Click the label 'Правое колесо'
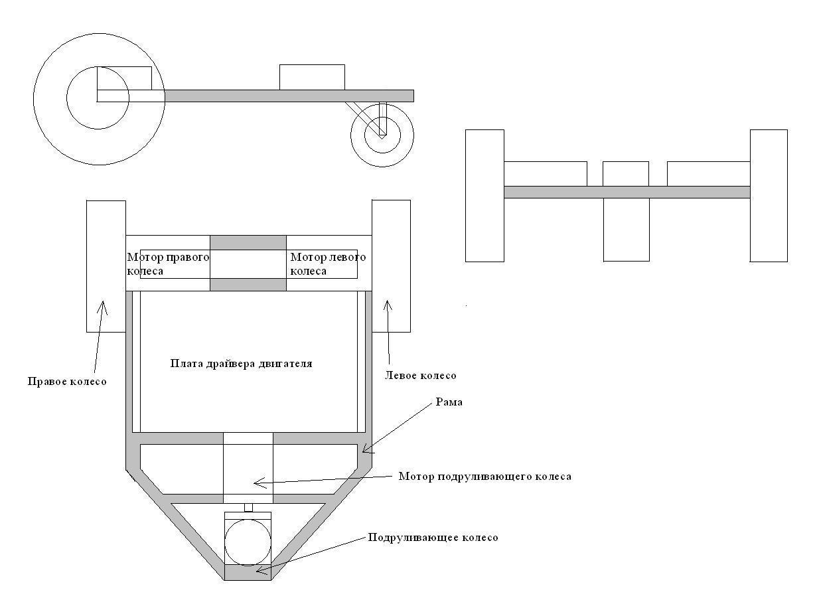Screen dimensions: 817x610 click(67, 382)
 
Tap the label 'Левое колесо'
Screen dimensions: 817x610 click(420, 376)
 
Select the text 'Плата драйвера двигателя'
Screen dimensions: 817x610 click(241, 364)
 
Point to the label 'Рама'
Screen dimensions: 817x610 click(449, 402)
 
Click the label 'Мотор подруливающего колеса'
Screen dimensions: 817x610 click(484, 477)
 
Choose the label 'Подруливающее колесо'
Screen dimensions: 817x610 click(433, 538)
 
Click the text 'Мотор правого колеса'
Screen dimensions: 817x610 click(168, 264)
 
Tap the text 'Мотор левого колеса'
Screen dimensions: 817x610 click(328, 264)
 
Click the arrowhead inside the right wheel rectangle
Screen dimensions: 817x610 click(102, 307)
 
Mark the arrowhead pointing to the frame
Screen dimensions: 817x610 click(366, 448)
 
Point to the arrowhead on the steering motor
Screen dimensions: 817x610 click(260, 483)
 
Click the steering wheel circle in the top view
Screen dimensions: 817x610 click(248, 543)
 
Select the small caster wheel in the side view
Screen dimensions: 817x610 click(382, 135)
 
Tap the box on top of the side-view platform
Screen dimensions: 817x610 click(312, 78)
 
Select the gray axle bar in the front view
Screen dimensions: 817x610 click(627, 192)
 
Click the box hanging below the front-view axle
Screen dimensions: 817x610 click(627, 230)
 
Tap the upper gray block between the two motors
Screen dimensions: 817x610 click(248, 242)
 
